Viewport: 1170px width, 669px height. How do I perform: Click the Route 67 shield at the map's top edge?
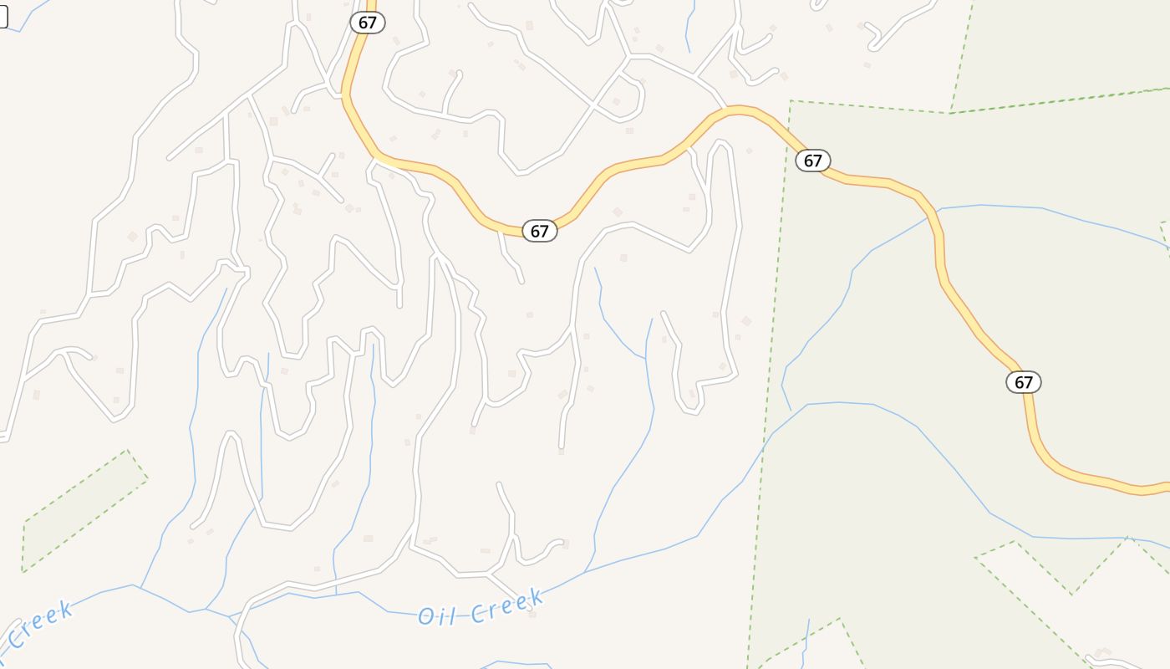coord(367,23)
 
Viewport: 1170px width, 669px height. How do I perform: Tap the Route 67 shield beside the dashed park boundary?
coord(812,160)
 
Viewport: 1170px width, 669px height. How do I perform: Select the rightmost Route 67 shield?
coord(1023,382)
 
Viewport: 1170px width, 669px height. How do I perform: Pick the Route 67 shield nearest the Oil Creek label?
coord(539,231)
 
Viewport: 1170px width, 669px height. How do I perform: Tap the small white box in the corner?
coord(3,17)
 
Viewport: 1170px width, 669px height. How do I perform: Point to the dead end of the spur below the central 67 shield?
coord(522,282)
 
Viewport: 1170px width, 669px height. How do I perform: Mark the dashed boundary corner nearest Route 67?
coord(791,102)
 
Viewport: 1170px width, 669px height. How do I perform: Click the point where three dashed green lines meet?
coord(950,113)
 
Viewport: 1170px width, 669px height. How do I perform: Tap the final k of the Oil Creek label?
coord(537,598)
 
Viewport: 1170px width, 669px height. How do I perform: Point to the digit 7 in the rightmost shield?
coord(1030,383)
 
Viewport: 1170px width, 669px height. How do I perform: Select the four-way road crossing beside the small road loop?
coord(593,106)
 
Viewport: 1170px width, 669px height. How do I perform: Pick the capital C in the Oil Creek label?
coord(477,613)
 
